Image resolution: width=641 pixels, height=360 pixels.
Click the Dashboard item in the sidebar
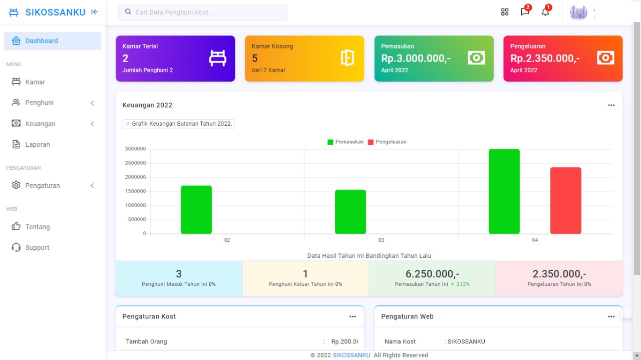tap(42, 41)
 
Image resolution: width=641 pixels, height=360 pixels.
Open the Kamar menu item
tap(35, 82)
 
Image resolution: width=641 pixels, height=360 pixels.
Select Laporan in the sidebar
tap(38, 145)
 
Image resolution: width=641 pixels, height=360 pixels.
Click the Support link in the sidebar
tap(37, 248)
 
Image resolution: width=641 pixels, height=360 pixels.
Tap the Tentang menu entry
tap(38, 227)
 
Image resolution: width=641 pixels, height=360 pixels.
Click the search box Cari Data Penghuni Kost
tap(203, 12)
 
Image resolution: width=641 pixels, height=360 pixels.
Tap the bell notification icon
tap(545, 12)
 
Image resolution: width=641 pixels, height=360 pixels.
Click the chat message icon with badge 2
tap(525, 12)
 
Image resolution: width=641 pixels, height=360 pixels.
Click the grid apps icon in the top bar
tap(505, 12)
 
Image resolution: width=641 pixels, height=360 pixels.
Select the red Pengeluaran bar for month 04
tap(565, 201)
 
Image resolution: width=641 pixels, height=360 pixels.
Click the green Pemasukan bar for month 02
tap(196, 210)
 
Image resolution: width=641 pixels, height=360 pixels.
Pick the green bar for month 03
tap(351, 212)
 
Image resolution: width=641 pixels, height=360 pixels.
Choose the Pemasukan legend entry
tap(346, 142)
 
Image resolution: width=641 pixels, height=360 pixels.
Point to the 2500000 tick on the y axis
tap(135, 163)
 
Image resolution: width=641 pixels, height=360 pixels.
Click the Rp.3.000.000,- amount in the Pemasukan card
tap(416, 59)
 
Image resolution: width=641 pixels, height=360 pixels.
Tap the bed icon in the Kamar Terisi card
tap(217, 59)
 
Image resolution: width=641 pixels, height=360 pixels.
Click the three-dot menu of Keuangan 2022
tap(611, 106)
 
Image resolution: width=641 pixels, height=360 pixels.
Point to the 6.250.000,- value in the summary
tap(432, 274)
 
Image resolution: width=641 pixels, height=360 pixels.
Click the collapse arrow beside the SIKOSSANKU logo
tap(95, 13)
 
